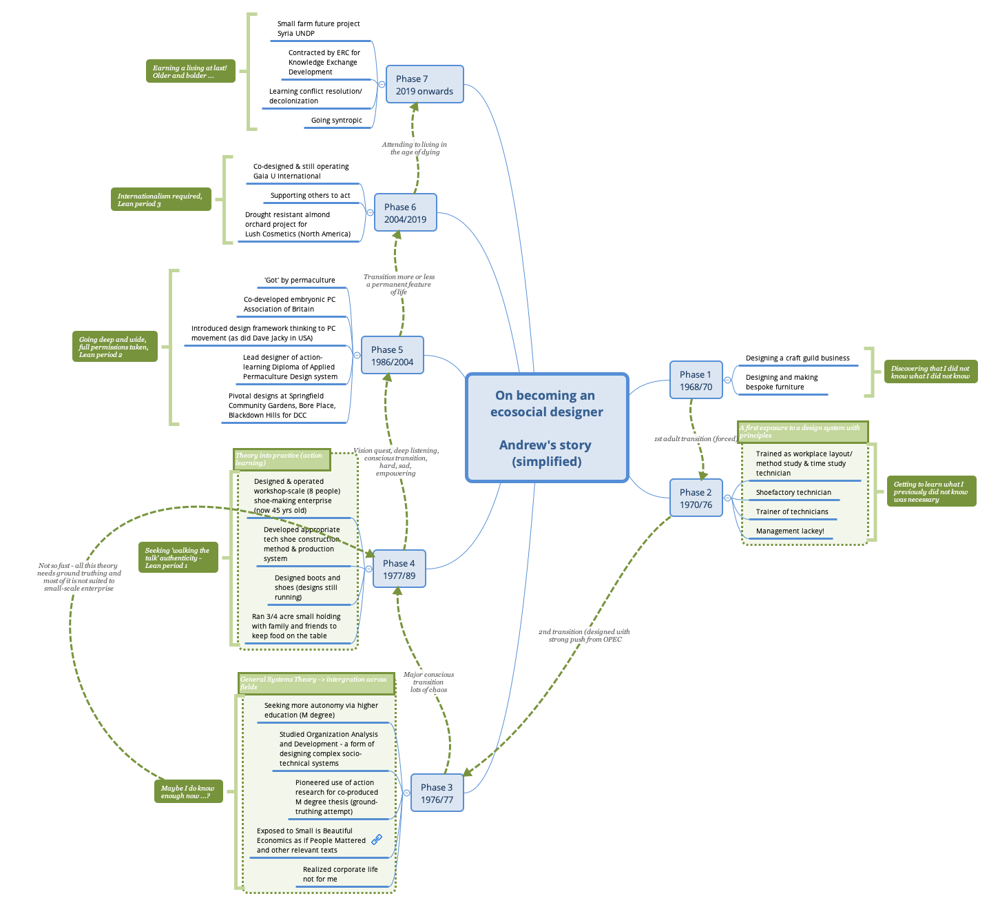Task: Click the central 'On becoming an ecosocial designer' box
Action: pyautogui.click(x=547, y=428)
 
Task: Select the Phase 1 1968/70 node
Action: pyautogui.click(x=696, y=380)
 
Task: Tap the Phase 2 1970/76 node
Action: pyautogui.click(x=696, y=498)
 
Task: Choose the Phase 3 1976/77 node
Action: pyautogui.click(x=437, y=793)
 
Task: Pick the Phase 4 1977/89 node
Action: pyautogui.click(x=399, y=569)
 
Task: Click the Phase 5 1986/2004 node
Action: pyautogui.click(x=392, y=356)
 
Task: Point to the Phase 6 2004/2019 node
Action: pyautogui.click(x=405, y=213)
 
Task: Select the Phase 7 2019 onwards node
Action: pyautogui.click(x=424, y=85)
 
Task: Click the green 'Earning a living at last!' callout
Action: pyautogui.click(x=190, y=72)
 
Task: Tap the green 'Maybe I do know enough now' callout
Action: pyautogui.click(x=188, y=792)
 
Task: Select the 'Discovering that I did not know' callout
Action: pyautogui.click(x=930, y=372)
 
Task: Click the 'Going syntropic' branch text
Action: pyautogui.click(x=336, y=121)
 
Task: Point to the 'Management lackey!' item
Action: pyautogui.click(x=790, y=531)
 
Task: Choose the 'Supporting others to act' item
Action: pyautogui.click(x=310, y=196)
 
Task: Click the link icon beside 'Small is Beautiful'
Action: pyautogui.click(x=377, y=840)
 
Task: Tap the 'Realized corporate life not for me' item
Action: pyautogui.click(x=340, y=874)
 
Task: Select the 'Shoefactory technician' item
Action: pyautogui.click(x=793, y=493)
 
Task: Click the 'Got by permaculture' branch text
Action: pyautogui.click(x=300, y=281)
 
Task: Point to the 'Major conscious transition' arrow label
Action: pyautogui.click(x=428, y=682)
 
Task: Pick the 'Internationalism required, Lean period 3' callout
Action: pyautogui.click(x=160, y=200)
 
